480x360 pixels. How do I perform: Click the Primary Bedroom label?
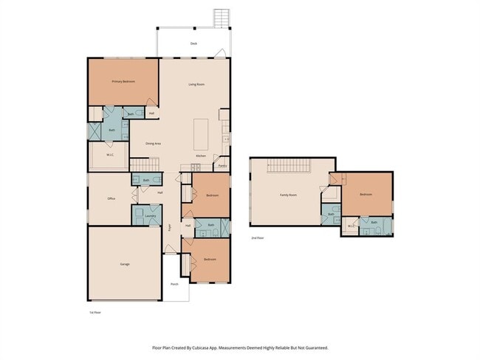coord(123,80)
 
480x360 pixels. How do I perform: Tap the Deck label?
coord(193,44)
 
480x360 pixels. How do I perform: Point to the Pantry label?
coord(222,167)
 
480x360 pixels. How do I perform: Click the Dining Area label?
coord(153,143)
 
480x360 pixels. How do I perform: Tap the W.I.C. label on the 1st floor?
coord(109,155)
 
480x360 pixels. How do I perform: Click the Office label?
coord(111,198)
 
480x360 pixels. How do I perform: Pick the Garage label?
coord(125,263)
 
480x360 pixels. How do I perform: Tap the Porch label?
coord(174,283)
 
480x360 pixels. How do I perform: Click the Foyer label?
coord(169,228)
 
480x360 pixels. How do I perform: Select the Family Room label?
coord(287,195)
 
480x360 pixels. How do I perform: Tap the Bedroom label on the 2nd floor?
coord(366,194)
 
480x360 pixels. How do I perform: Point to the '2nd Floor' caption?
coord(257,238)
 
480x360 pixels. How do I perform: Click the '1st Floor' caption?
coord(95,312)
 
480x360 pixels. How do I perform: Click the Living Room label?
coord(196,85)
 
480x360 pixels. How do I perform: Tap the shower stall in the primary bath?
coord(95,131)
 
